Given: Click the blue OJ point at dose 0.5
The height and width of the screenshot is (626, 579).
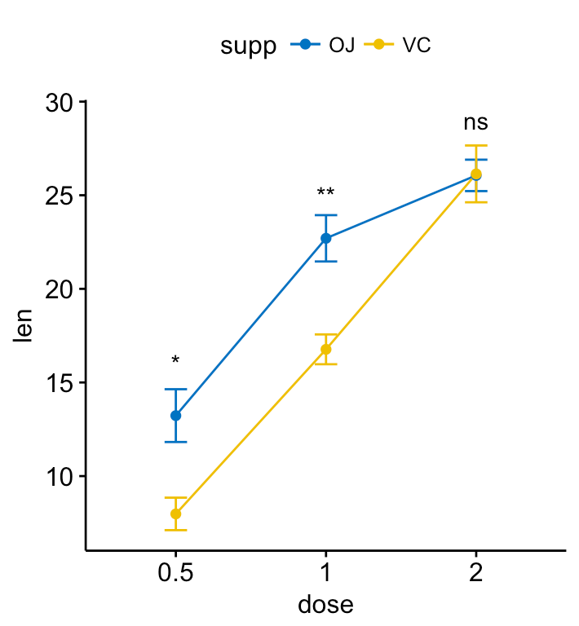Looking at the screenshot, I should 175,415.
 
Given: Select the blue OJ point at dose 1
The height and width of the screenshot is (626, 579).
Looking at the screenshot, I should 326,238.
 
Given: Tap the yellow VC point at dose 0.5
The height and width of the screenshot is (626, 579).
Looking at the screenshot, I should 175,514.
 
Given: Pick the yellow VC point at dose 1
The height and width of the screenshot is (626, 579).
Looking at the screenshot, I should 326,349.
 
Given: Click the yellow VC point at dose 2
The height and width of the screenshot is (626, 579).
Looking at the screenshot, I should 476,174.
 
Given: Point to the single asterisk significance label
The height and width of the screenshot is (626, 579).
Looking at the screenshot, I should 175,361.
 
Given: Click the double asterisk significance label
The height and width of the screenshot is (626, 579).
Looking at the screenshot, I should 326,194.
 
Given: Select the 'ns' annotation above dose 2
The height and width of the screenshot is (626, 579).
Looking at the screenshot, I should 476,123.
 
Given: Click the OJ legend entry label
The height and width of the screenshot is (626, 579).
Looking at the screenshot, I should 342,46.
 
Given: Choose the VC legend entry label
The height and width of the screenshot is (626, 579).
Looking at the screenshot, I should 416,46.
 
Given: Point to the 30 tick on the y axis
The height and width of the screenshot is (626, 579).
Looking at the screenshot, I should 61,104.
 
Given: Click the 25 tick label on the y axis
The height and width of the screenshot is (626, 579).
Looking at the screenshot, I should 61,196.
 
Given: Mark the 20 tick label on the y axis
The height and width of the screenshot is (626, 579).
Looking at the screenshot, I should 61,289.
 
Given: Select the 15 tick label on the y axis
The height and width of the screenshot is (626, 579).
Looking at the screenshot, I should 61,383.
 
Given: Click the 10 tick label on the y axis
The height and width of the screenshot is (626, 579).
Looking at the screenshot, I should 61,476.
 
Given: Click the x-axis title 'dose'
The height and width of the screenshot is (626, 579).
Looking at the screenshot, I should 325,604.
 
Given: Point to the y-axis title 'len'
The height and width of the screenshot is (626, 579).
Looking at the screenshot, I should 25,326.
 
